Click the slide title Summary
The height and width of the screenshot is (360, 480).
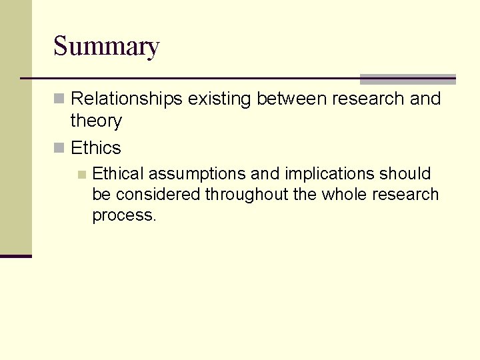coord(106,47)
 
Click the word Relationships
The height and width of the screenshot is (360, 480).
coord(126,99)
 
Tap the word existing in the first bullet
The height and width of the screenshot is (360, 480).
coord(219,99)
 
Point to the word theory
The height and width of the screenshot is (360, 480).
coord(96,121)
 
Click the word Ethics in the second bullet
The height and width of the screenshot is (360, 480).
coord(96,148)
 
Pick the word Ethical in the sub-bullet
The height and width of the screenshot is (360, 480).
coord(118,174)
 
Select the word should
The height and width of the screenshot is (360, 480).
coord(405,174)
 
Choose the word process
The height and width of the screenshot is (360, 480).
coord(123,216)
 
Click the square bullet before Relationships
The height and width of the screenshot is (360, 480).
coord(59,99)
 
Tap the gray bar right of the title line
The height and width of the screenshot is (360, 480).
coord(407,79)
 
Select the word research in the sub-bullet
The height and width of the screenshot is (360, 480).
coord(407,195)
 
